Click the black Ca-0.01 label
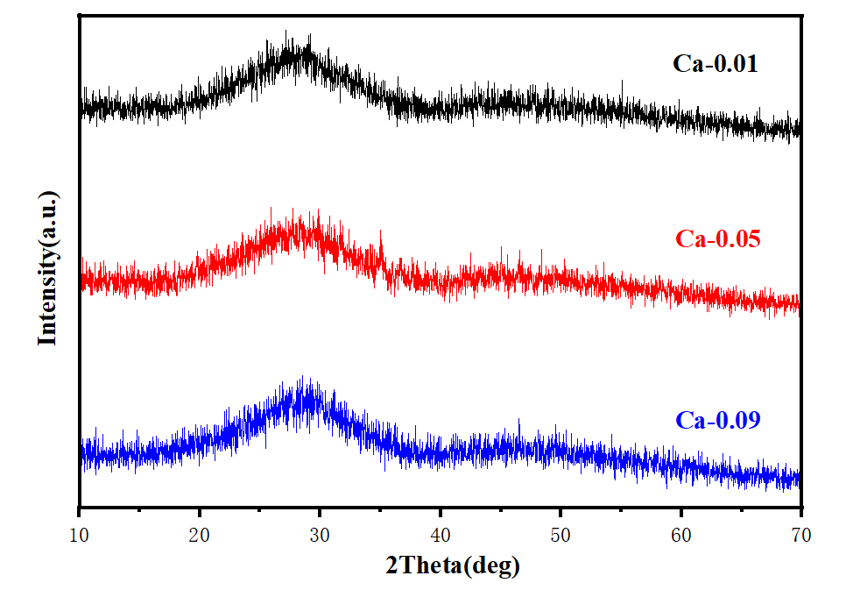coord(715,63)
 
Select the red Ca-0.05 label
coord(718,238)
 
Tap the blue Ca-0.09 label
coord(718,420)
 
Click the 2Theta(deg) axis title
coord(453,566)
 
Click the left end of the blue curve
coord(81,454)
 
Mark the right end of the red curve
coord(799,304)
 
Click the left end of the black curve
coord(81,108)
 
